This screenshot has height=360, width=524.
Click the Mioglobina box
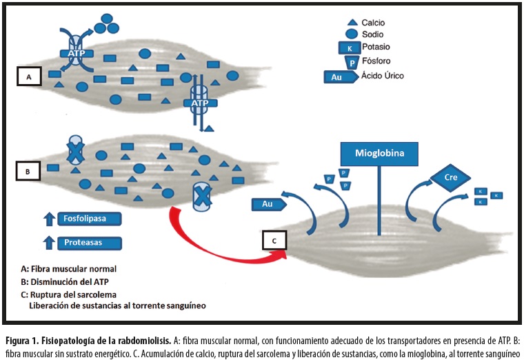(x=379, y=153)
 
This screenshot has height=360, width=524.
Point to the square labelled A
(x=29, y=77)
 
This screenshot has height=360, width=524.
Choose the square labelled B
(x=27, y=170)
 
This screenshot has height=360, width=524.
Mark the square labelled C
(x=274, y=241)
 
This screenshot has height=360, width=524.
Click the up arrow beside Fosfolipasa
(x=49, y=219)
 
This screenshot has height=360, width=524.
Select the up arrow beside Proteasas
(x=49, y=243)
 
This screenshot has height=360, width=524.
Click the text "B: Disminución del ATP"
(x=65, y=280)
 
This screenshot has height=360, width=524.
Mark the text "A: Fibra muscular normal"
(x=70, y=268)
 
